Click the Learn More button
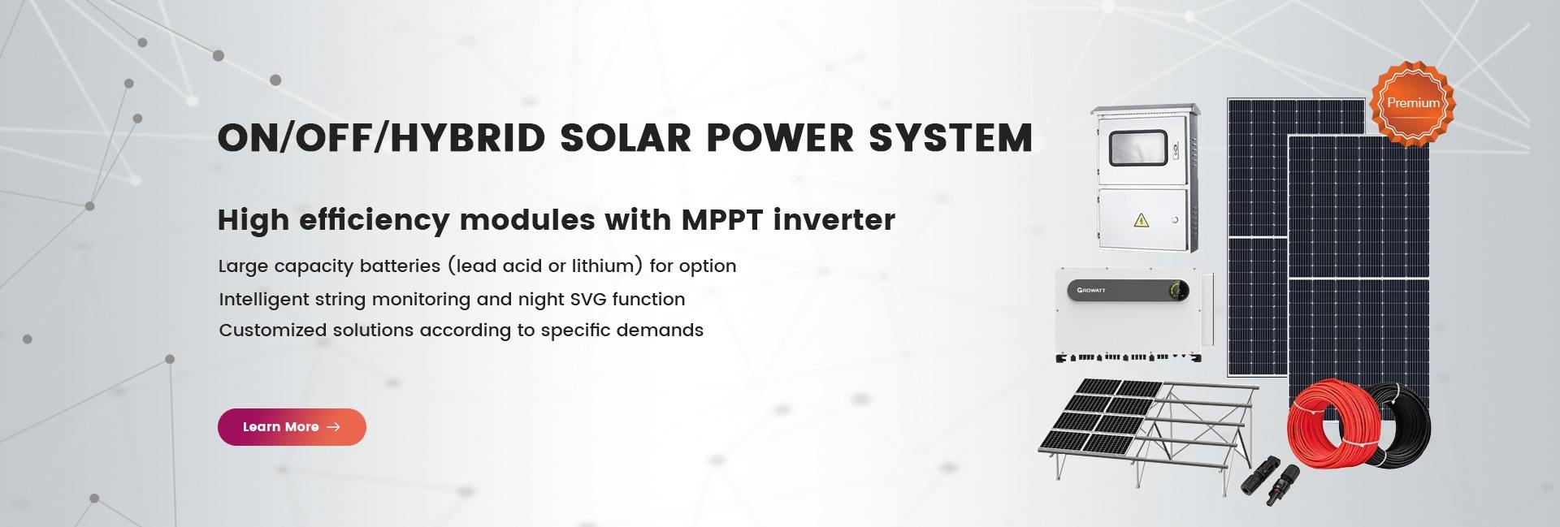[292, 427]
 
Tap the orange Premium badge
[1413, 103]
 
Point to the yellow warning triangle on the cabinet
[1142, 220]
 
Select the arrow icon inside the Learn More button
[333, 427]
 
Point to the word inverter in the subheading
[834, 219]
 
